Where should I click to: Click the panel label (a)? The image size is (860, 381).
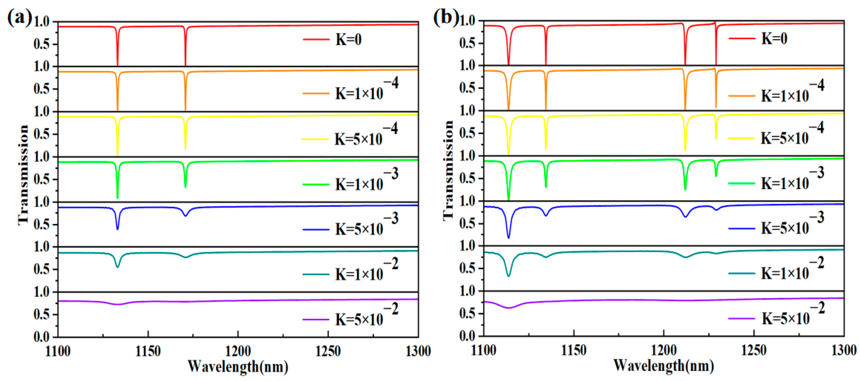coord(19,17)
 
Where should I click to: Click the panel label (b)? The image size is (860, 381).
coord(446,17)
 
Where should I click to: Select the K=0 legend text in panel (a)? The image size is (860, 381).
coord(348,40)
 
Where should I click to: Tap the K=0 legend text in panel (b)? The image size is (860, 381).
coord(774,39)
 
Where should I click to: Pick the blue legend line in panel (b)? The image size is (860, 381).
coord(741,229)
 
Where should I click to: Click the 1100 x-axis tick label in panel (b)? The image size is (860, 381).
coord(483,350)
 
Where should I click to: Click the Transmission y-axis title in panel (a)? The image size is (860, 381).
coord(23,175)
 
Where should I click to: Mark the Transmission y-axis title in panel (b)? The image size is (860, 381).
coord(448,170)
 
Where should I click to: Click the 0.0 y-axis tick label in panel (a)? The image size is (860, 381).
coord(41,337)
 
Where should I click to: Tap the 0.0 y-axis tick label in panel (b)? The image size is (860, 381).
coord(467,336)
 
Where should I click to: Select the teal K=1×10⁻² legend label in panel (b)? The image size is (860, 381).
coord(792,270)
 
